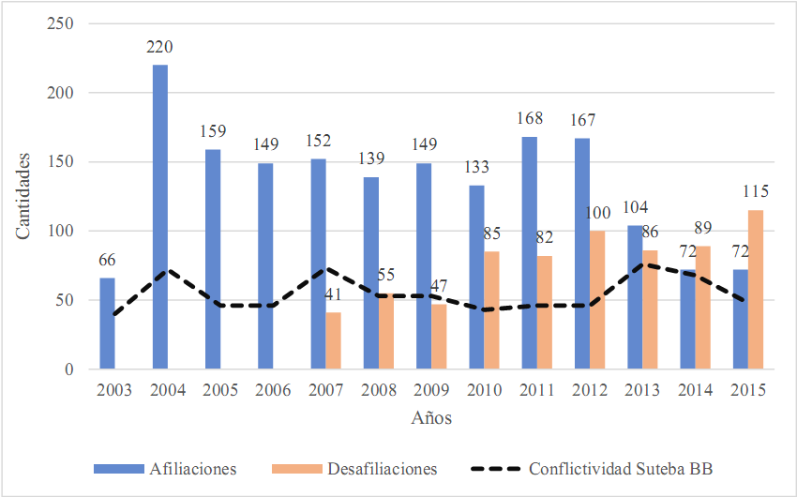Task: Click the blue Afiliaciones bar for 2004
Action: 160,217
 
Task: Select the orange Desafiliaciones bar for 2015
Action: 756,290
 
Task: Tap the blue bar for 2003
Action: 108,324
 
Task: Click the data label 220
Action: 160,47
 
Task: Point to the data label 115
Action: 756,191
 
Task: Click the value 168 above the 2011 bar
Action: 530,120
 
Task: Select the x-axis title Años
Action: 431,418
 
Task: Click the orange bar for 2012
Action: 597,300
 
